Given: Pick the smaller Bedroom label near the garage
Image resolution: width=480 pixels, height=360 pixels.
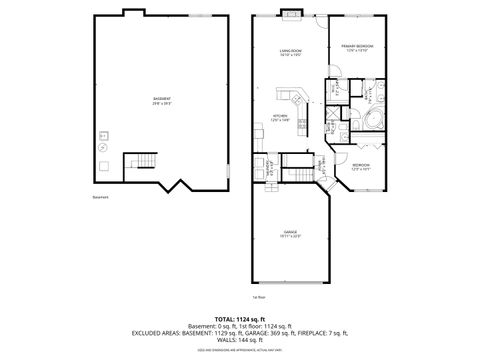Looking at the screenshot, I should (361, 165).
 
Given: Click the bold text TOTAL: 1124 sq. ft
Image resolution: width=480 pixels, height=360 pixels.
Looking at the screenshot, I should (240, 318).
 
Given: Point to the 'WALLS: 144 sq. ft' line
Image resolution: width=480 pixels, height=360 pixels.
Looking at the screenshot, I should (240, 342).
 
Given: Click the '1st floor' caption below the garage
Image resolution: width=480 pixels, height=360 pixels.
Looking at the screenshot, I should (258, 297).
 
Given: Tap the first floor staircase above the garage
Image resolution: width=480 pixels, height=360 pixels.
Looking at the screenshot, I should (295, 163).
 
